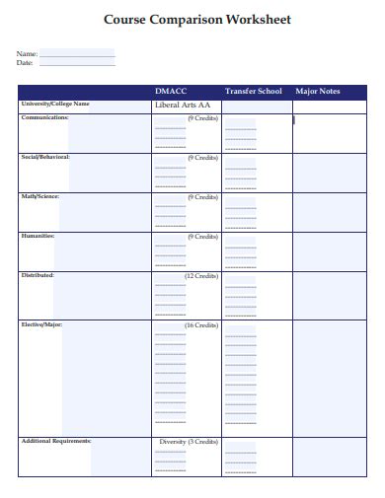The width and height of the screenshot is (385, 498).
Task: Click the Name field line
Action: click(77, 53)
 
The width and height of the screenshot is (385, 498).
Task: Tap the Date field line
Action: click(77, 63)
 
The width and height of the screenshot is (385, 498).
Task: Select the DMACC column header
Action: click(171, 92)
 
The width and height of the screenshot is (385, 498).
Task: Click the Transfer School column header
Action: click(253, 92)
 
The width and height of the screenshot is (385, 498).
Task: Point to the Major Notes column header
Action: click(318, 92)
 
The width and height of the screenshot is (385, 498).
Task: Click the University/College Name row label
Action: click(55, 104)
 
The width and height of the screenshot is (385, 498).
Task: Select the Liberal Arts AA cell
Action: click(183, 105)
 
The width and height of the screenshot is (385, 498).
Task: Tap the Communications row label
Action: click(44, 117)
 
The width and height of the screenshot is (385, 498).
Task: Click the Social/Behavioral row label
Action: click(45, 157)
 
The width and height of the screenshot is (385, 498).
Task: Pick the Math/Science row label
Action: click(40, 196)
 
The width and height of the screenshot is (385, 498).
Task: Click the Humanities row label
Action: click(38, 236)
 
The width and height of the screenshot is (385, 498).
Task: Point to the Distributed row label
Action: click(38, 275)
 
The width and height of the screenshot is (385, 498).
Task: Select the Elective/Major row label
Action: click(41, 324)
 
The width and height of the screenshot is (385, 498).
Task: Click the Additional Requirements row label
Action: click(56, 441)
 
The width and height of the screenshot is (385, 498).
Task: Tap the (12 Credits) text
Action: click(200, 276)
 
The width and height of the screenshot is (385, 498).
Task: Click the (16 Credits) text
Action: click(200, 325)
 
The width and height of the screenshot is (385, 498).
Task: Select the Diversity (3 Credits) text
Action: click(188, 442)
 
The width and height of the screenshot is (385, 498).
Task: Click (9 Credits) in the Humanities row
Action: click(202, 237)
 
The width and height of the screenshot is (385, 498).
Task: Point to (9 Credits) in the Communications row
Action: click(202, 118)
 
